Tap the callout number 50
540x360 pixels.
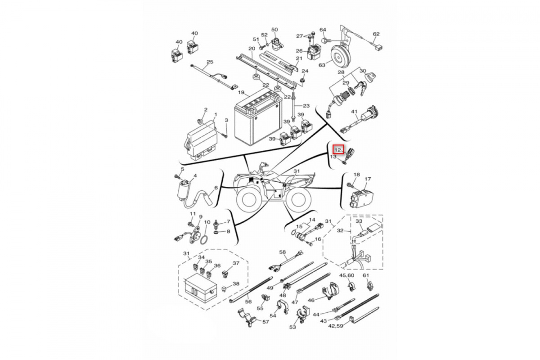click(x=274, y=30)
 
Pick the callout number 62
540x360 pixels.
click(x=376, y=34)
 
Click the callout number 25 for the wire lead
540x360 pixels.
click(x=209, y=62)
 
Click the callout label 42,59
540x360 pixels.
click(x=336, y=325)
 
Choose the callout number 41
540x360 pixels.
click(x=354, y=112)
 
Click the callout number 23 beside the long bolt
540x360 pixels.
click(x=306, y=106)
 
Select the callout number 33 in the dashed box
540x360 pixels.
click(x=359, y=221)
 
